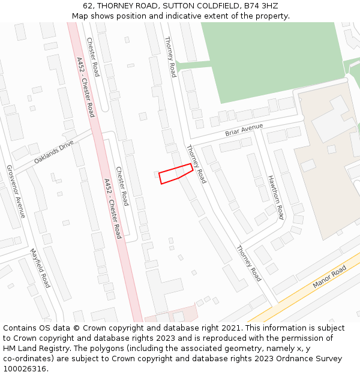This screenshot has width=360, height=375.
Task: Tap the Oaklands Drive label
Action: point(53,152)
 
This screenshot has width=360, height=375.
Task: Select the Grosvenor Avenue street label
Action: point(15,191)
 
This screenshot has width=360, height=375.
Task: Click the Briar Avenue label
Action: point(244,130)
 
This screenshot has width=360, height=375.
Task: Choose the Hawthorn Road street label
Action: point(275,197)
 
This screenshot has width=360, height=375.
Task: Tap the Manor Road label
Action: point(329,278)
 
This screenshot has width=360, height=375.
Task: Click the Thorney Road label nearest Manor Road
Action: point(248,263)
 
